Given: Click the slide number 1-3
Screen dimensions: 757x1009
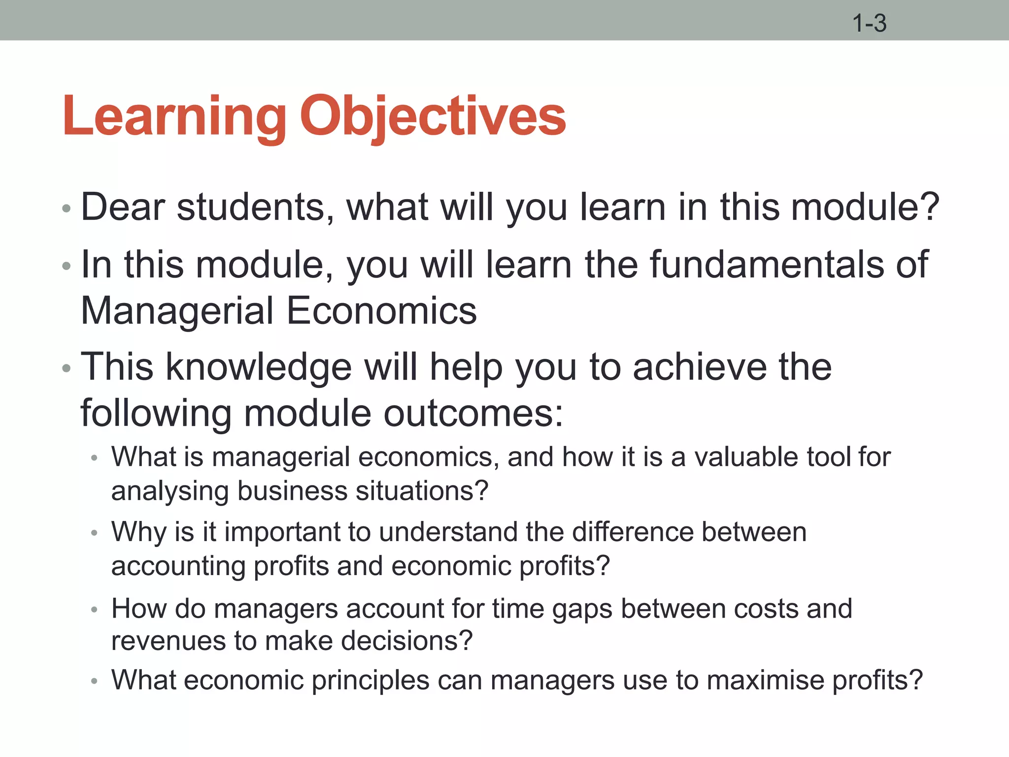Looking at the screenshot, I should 869,24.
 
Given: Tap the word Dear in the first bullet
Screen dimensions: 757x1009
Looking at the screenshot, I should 122,207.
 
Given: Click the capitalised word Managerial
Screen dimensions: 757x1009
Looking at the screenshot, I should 177,311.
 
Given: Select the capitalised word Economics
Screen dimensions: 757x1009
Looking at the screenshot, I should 382,311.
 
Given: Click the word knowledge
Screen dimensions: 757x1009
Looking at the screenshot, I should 258,368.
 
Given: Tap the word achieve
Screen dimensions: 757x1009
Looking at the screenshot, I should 699,368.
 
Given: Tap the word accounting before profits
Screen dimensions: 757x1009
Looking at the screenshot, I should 178,566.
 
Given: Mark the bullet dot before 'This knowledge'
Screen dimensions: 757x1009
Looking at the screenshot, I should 67,368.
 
